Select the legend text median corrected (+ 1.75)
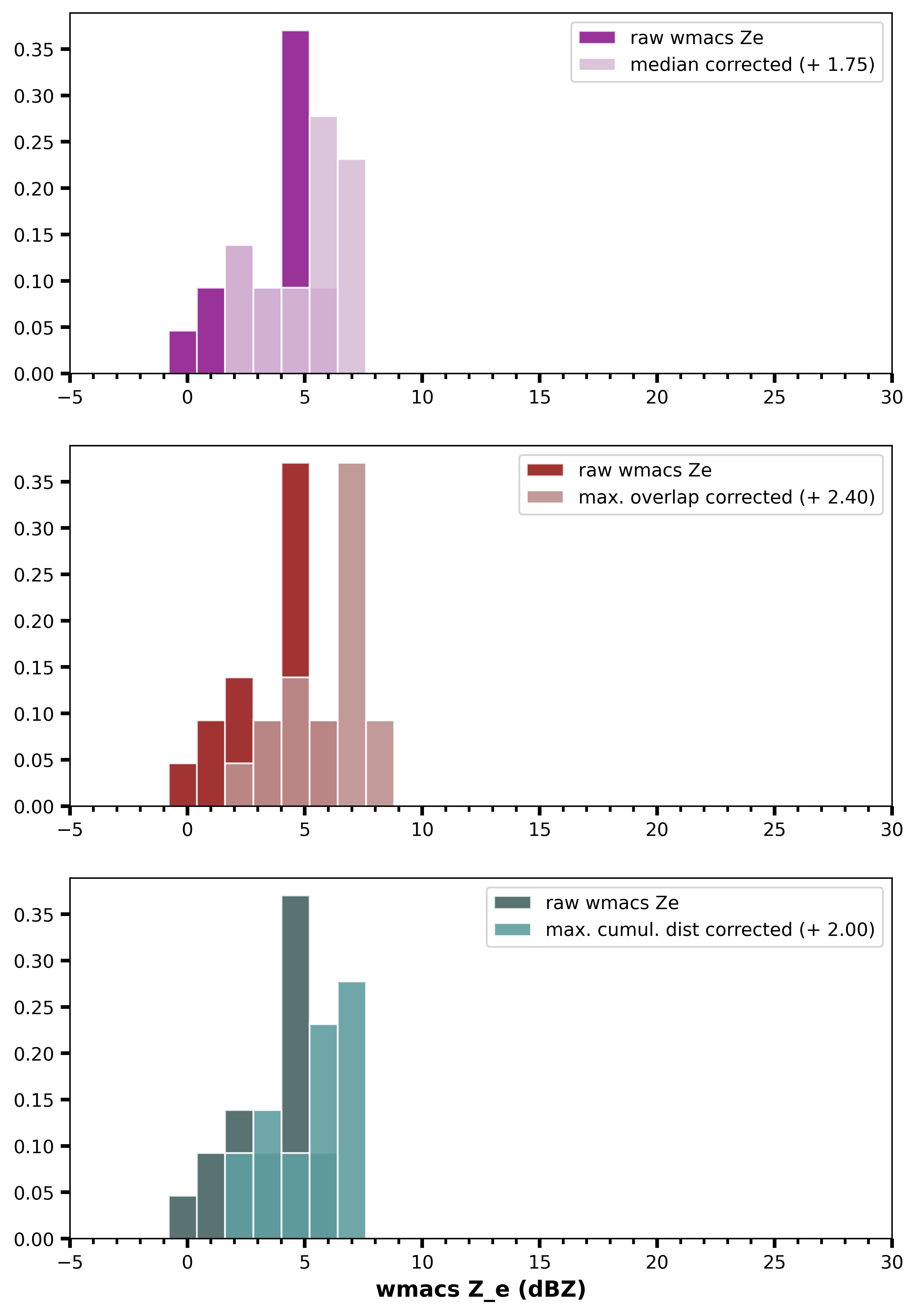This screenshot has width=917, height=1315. pos(752,65)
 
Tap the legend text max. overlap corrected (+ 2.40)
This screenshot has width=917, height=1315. pos(726,497)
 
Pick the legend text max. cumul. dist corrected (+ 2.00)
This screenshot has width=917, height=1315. pos(710,930)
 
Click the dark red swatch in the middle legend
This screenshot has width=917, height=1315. pos(545,470)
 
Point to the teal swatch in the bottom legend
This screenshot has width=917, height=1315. pos(512,930)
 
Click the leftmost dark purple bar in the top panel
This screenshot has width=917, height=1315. pos(183,352)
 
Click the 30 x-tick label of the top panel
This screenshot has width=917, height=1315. pos(891,397)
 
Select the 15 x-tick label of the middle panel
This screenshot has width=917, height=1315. pos(539,830)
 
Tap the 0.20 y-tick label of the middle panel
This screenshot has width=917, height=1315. pos(33,621)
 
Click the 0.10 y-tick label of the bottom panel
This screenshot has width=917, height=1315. pos(33,1147)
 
